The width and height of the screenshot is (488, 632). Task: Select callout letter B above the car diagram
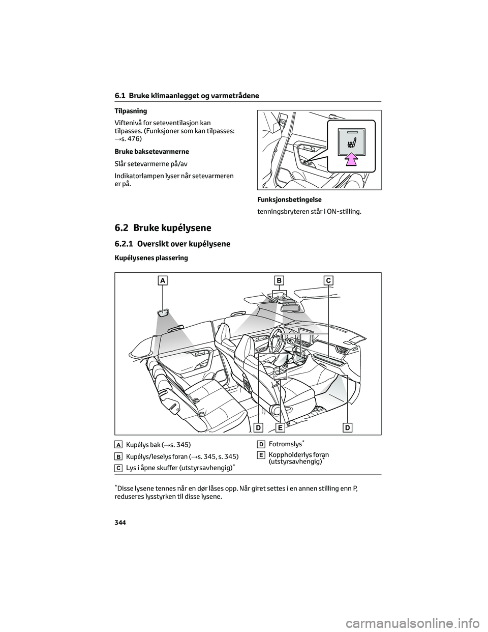pyautogui.click(x=279, y=280)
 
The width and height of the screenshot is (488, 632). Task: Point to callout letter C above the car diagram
pyautogui.click(x=328, y=280)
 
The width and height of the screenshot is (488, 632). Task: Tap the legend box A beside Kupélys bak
pyautogui.click(x=118, y=445)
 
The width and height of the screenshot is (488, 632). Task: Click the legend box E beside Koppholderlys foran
pyautogui.click(x=260, y=454)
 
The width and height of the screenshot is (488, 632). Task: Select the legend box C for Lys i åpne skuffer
pyautogui.click(x=118, y=468)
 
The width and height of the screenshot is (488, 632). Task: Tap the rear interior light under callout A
pyautogui.click(x=164, y=313)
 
